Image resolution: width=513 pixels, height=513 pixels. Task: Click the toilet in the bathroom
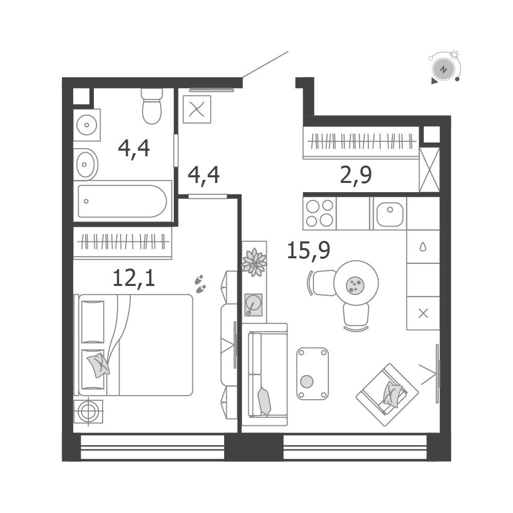point(152,106)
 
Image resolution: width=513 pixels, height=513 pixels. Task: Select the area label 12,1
point(134,279)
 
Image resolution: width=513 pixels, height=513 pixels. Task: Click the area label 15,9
point(308,251)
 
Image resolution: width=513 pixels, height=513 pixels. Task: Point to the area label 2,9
point(356,175)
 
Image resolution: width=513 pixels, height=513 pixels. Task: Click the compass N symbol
point(444,70)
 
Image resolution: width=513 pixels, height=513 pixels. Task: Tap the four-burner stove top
point(320,213)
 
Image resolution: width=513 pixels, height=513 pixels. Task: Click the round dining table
point(356,283)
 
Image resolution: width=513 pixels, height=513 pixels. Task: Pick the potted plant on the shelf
point(254,262)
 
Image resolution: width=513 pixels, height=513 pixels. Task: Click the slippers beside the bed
point(200,284)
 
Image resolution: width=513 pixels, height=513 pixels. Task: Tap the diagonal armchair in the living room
point(387,395)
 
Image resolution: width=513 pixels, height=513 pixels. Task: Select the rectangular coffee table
point(312,374)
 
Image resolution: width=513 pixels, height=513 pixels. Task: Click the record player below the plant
point(253,304)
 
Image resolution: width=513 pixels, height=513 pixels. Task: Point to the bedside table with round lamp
point(88,411)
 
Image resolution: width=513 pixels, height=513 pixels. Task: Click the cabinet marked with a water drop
point(423,247)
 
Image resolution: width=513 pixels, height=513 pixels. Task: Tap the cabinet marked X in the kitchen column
point(423,314)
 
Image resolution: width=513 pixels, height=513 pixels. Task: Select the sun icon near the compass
point(455,54)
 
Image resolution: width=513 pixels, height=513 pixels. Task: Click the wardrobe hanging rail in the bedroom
point(123,242)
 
